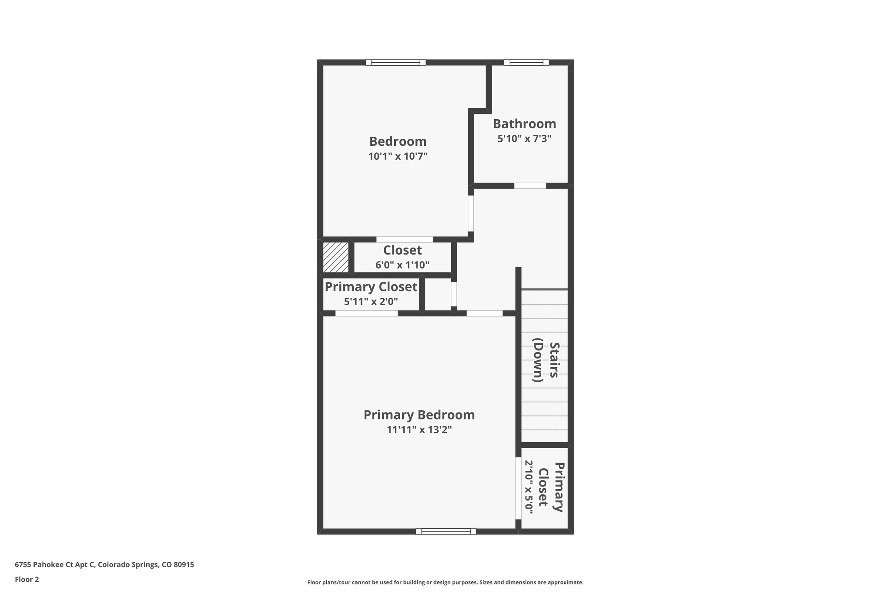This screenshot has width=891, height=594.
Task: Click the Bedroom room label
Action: click(x=398, y=141)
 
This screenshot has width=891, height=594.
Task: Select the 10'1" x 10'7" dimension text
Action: click(x=398, y=156)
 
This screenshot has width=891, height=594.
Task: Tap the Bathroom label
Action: click(x=524, y=124)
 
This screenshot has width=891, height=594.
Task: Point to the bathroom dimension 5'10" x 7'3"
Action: click(x=524, y=139)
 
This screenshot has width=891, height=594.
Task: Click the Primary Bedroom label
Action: click(x=419, y=415)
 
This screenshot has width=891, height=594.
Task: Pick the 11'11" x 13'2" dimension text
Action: click(x=419, y=430)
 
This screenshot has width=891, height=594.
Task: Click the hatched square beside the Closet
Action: click(x=335, y=257)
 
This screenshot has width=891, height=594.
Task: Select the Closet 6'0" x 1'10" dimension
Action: click(x=402, y=265)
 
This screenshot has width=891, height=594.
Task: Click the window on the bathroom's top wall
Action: click(x=526, y=62)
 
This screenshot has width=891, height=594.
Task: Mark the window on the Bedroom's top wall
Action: click(x=395, y=62)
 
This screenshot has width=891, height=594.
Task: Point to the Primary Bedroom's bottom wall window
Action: click(x=445, y=531)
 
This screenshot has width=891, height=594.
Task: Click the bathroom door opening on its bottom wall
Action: click(x=529, y=186)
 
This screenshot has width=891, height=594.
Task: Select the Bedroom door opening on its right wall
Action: click(x=471, y=213)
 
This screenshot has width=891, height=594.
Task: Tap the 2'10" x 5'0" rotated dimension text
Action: click(x=528, y=487)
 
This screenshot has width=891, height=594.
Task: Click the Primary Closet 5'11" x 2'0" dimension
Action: click(x=371, y=301)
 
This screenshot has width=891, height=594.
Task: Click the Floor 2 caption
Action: click(x=27, y=579)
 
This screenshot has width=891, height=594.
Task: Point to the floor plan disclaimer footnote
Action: click(x=445, y=582)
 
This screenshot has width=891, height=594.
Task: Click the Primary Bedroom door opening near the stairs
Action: click(x=484, y=313)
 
